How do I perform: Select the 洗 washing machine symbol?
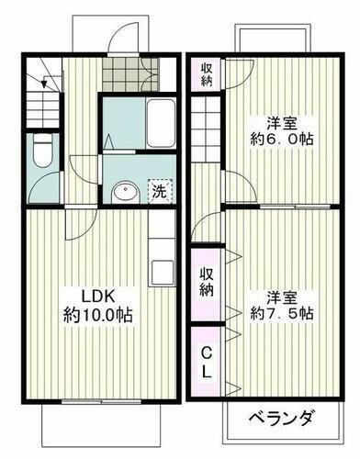(x=159, y=191)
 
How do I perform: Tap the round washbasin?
(x=125, y=192)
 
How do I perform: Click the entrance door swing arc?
(x=119, y=39)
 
